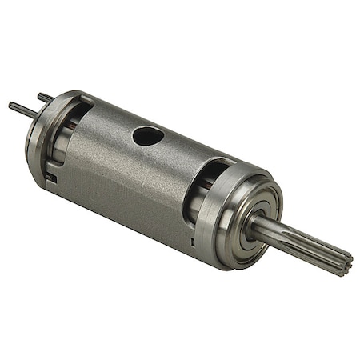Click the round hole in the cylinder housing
click(x=148, y=136)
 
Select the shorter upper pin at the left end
click(x=45, y=98)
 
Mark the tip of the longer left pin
click(x=11, y=105)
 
